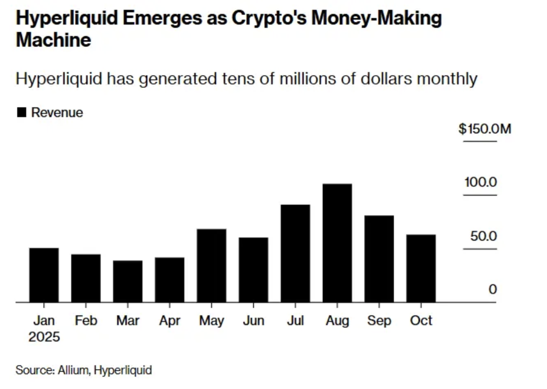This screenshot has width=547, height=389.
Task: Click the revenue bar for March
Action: point(128,281)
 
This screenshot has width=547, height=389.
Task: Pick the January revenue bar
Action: point(44,275)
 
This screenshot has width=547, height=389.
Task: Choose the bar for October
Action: point(421,268)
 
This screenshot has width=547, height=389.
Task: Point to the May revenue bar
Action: point(211,265)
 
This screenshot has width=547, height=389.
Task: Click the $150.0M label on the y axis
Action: point(485,129)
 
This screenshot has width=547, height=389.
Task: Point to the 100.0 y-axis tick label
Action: point(481,182)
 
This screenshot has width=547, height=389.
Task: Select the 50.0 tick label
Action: point(484,236)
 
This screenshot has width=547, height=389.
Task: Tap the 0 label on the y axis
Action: point(493,289)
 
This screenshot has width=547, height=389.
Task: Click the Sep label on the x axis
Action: point(379,320)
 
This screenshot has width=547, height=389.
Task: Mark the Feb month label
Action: point(86,320)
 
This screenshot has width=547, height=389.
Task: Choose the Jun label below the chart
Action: point(253,320)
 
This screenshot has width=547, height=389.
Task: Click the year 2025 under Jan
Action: point(44,337)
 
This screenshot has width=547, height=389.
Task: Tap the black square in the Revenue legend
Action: point(22,112)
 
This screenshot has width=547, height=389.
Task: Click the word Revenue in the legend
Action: point(57,113)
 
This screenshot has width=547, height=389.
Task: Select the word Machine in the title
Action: point(53,40)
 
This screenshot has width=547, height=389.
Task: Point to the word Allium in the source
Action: point(73,370)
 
